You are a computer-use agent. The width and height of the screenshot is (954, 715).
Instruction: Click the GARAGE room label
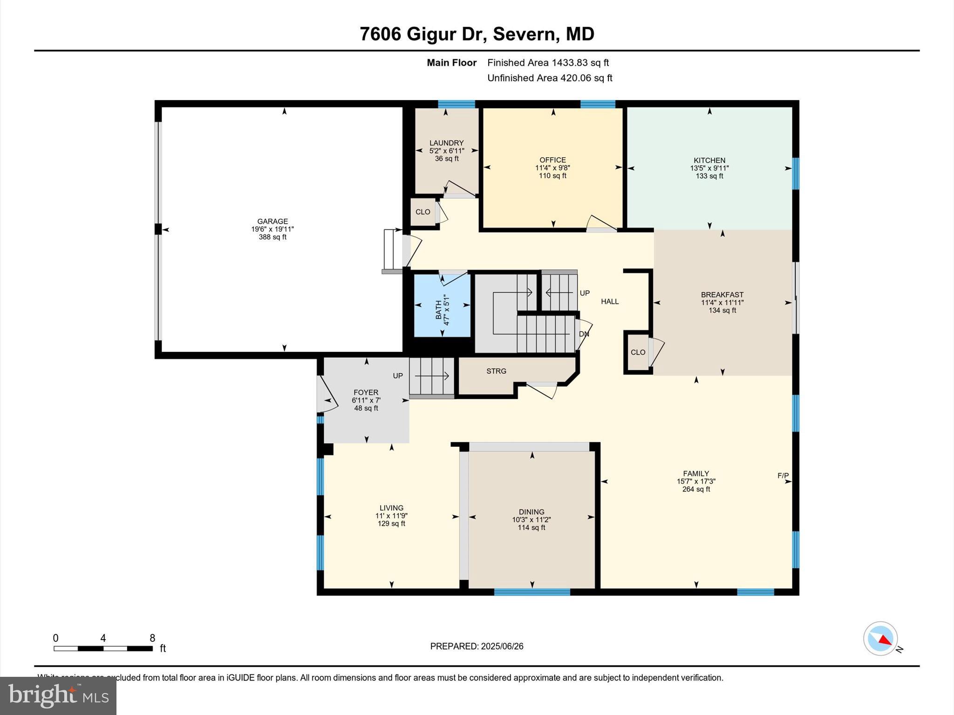coord(273,222)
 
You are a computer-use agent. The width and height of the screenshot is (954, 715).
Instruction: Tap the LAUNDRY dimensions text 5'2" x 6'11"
coord(447,151)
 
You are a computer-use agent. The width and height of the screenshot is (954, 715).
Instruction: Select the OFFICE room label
coord(552,160)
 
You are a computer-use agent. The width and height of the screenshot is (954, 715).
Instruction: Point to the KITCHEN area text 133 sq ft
coord(709,176)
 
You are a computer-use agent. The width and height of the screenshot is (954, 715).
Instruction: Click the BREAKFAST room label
coord(722,295)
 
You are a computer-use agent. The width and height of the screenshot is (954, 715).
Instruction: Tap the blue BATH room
coord(442,306)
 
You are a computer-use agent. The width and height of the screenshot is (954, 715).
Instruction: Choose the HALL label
coord(610,302)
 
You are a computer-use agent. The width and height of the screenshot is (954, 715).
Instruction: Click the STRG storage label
coord(496,371)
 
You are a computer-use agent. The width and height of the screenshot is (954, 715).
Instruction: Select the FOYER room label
coord(366,392)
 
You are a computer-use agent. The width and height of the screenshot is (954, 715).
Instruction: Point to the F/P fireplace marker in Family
coord(783,476)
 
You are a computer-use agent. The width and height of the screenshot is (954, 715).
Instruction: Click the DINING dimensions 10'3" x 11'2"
coord(532,519)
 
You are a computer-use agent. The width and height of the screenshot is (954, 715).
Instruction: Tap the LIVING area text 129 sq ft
coord(391,524)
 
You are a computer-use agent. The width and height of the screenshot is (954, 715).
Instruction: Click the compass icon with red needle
coord(880,639)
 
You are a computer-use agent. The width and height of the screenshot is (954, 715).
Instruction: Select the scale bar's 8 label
coord(152,638)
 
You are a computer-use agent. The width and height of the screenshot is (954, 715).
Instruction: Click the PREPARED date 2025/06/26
coord(502,646)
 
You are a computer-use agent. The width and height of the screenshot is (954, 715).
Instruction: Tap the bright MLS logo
coord(58,696)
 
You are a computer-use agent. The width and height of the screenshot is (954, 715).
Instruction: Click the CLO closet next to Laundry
coord(423,212)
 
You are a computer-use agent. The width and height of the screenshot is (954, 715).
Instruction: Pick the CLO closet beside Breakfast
coord(638,352)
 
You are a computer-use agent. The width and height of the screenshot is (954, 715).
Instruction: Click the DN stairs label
coord(584,334)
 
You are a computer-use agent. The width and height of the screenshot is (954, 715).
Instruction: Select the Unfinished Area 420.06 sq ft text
coord(550,78)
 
